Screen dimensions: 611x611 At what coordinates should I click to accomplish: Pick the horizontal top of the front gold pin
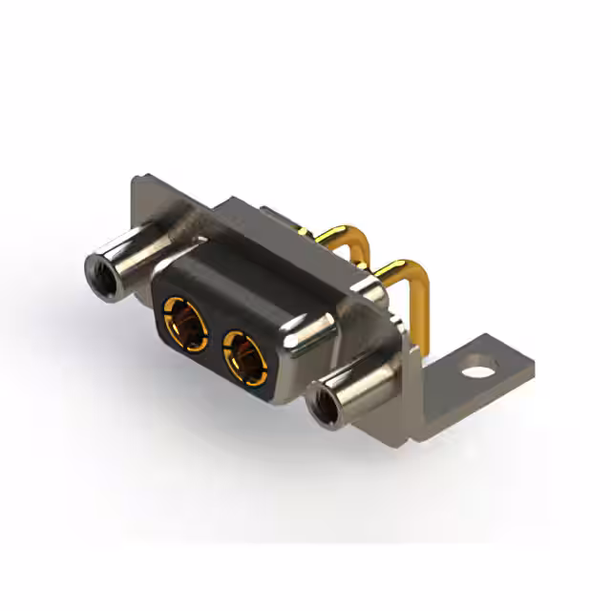401,267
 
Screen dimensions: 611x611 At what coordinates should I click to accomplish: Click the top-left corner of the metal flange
135,182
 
